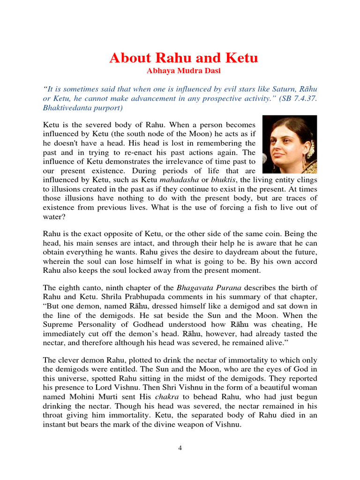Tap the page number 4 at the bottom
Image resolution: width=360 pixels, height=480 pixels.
pos(180,448)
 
